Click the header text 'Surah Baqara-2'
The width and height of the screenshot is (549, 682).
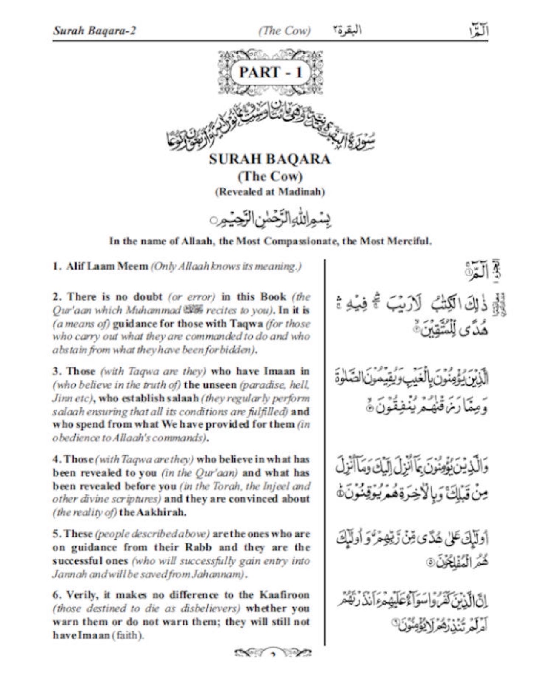(94, 31)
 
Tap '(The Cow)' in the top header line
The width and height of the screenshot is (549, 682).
(284, 31)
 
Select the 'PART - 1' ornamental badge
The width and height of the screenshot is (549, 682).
(270, 73)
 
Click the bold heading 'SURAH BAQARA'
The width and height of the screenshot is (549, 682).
(270, 159)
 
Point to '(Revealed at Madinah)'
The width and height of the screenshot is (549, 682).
(270, 192)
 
